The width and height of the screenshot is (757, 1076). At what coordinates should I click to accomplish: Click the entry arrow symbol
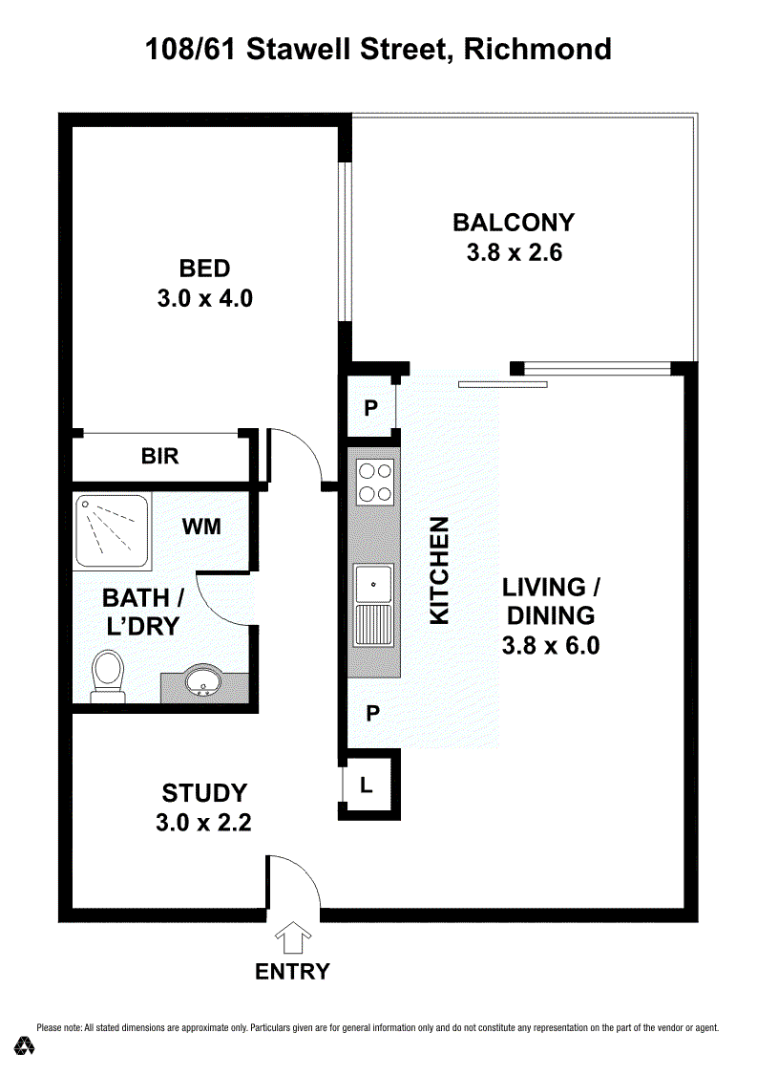[293, 937]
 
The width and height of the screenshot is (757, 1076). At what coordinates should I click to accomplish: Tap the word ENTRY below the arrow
[293, 971]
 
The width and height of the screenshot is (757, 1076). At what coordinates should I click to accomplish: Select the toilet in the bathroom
[108, 676]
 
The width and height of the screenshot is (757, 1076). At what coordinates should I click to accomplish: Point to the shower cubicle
[112, 531]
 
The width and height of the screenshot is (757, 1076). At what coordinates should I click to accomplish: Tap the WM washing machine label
[201, 527]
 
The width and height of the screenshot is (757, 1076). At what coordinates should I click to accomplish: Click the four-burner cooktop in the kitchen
[375, 483]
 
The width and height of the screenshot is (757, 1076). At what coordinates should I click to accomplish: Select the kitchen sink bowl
[373, 584]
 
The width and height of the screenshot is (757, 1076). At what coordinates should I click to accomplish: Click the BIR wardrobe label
[159, 456]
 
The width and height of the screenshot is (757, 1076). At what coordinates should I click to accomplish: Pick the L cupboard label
[367, 785]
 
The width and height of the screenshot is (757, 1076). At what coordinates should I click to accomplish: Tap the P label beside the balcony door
[371, 408]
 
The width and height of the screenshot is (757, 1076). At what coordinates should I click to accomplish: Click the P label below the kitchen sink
[372, 714]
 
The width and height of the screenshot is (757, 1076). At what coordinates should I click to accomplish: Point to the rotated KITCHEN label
[439, 570]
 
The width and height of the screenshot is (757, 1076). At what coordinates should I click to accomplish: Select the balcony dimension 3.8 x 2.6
[515, 252]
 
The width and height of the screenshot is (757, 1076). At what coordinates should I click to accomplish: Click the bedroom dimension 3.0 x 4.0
[205, 298]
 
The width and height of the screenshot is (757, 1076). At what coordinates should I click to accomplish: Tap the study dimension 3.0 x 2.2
[203, 822]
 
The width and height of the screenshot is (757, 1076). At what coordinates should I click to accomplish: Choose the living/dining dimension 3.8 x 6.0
[551, 645]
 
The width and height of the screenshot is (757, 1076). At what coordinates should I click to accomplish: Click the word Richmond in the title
[537, 50]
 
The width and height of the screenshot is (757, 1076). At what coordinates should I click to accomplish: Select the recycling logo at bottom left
[25, 1045]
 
